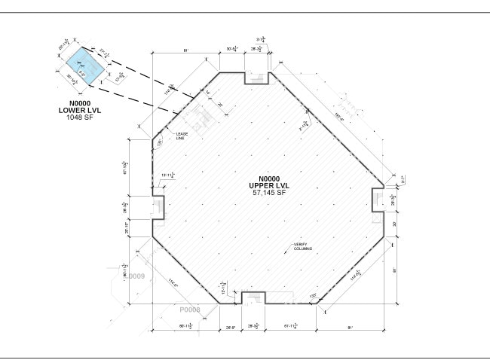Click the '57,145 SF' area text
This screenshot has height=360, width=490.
pyautogui.click(x=269, y=193)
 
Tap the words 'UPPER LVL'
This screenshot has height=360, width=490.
pyautogui.click(x=269, y=185)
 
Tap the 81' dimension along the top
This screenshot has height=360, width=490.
pyautogui.click(x=185, y=52)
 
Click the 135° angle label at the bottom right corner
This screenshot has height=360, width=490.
pyautogui.click(x=313, y=296)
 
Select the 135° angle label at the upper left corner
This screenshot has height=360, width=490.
pyautogui.click(x=160, y=142)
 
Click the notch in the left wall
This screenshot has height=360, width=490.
pyautogui.click(x=158, y=208)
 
